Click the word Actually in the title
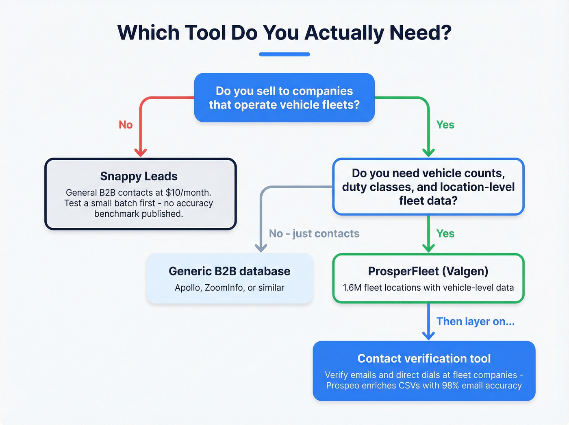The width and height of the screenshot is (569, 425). tap(344, 33)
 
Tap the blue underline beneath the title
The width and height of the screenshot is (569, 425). tap(284, 54)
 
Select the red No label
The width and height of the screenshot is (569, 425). tap(126, 125)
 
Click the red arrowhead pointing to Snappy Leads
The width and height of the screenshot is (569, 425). tap(140, 153)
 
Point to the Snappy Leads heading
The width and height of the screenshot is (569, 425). tap(139, 176)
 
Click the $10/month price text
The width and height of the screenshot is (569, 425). tap(188, 192)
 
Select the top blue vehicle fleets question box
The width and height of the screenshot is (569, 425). tap(284, 98)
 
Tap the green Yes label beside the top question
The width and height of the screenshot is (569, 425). tap(445, 125)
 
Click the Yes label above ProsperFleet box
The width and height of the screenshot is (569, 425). tap(445, 233)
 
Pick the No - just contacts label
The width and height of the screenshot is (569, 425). tap(314, 233)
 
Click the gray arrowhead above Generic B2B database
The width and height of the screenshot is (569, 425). tap(261, 248)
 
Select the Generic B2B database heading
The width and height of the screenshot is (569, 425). tap(229, 271)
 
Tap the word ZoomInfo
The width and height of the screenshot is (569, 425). tap(224, 288)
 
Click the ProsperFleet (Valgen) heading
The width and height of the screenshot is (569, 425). tap(428, 271)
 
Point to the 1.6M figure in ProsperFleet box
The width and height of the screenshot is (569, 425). tap(352, 288)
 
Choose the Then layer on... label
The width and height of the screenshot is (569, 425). tap(475, 321)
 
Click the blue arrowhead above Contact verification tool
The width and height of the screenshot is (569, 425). tap(428, 336)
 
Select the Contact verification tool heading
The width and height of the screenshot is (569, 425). tap(424, 358)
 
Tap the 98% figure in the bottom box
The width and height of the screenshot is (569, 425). tap(450, 386)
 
